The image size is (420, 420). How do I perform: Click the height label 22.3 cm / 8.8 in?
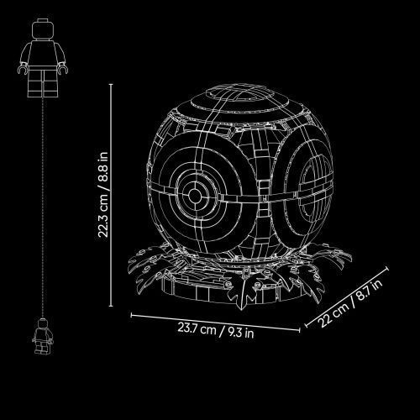pos(103,195)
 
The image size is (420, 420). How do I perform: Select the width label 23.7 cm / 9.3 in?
pos(216,330)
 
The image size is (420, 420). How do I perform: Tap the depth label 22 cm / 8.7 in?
pos(351,303)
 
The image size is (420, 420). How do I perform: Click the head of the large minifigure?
pos(43,29)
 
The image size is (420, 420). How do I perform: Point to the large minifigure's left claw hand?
pos(23,69)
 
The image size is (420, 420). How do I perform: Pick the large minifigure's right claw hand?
pos(63,70)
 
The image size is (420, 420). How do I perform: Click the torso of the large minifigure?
pos(43,53)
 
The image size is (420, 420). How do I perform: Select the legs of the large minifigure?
pos(43,83)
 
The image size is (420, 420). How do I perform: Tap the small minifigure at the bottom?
pos(42,337)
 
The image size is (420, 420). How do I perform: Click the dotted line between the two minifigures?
pos(43,207)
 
